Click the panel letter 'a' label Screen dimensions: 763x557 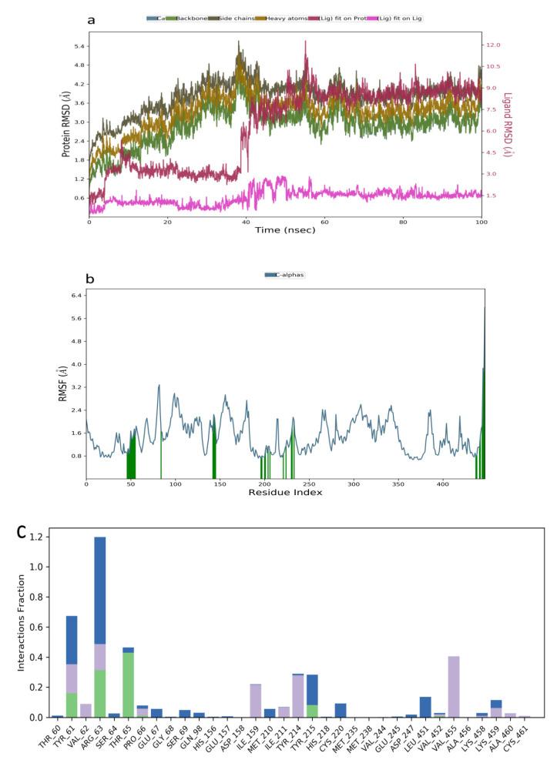pyautogui.click(x=92, y=19)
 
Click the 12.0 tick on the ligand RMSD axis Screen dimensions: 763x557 pyautogui.click(x=493, y=45)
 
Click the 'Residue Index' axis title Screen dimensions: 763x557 pyautogui.click(x=285, y=490)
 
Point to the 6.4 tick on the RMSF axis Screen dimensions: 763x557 pyautogui.click(x=74, y=296)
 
